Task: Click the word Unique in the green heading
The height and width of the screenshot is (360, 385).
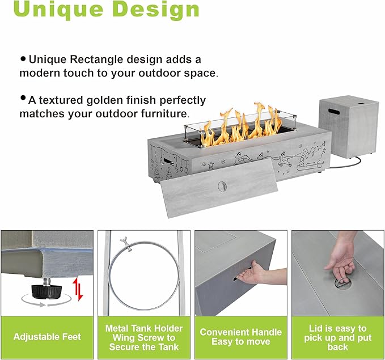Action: (x=58, y=10)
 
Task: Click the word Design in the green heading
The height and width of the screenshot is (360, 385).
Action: (x=156, y=9)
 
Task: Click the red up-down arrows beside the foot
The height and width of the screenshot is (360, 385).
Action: (x=78, y=289)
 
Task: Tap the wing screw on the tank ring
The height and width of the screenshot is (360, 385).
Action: (x=125, y=244)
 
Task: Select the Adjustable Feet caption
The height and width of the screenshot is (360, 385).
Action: (x=47, y=337)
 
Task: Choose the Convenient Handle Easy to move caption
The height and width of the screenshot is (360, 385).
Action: (x=240, y=337)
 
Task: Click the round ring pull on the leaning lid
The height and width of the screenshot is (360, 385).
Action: (x=222, y=187)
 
